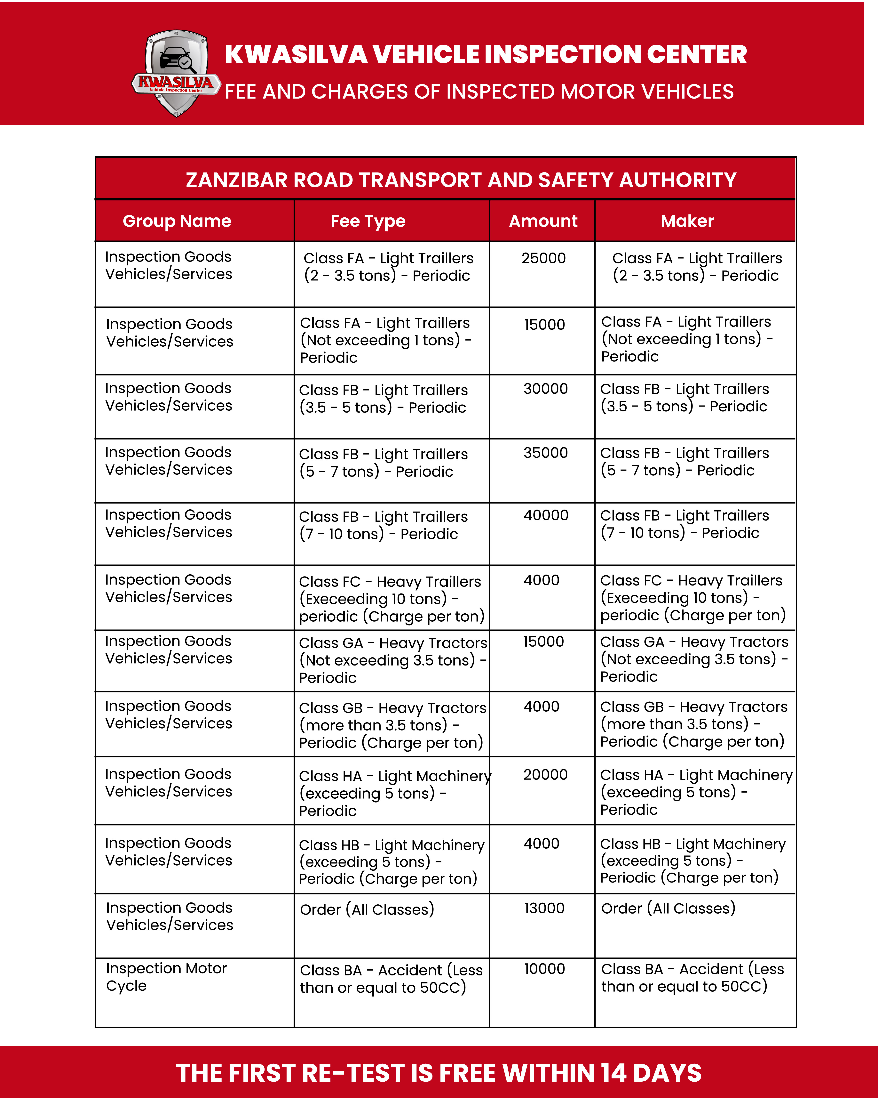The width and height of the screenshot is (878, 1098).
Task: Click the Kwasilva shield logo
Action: click(x=176, y=73)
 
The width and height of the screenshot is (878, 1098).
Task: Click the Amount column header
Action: click(x=543, y=221)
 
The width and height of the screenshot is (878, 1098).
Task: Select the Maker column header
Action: click(x=687, y=221)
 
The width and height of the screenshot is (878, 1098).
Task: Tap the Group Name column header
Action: click(x=177, y=221)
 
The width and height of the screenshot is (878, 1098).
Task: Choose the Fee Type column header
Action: click(x=368, y=221)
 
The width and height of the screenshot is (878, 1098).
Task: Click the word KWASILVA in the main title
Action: click(x=296, y=54)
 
